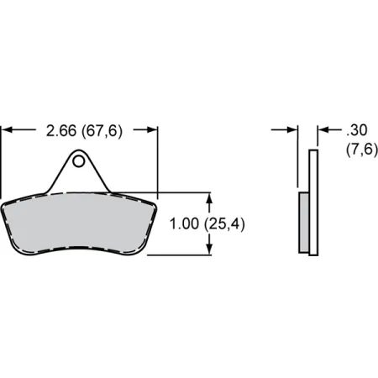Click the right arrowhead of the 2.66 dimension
[x=152, y=130]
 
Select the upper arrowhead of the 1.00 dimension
[x=209, y=197]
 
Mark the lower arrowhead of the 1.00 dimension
[x=209, y=249]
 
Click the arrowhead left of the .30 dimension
[x=293, y=130]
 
